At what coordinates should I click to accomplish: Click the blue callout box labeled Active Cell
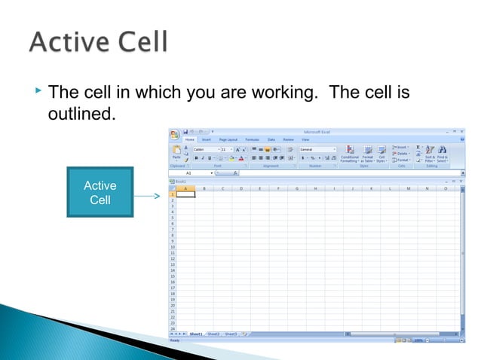tap(100, 193)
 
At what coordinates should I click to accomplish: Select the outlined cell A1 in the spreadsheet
tap(185, 194)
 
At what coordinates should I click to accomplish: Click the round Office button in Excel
tap(174, 135)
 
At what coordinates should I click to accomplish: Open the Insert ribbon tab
tap(206, 140)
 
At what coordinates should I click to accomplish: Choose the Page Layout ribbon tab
tap(228, 140)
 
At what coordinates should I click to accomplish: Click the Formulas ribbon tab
tap(252, 140)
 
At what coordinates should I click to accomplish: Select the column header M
tap(409, 188)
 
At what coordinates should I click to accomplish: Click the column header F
tap(278, 188)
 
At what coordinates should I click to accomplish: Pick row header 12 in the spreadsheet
tap(173, 258)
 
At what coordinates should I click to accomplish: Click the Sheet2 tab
tap(214, 334)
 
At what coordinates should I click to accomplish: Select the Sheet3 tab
tap(231, 334)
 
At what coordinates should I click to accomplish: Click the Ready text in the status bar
tap(175, 340)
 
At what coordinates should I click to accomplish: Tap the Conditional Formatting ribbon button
tap(349, 154)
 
